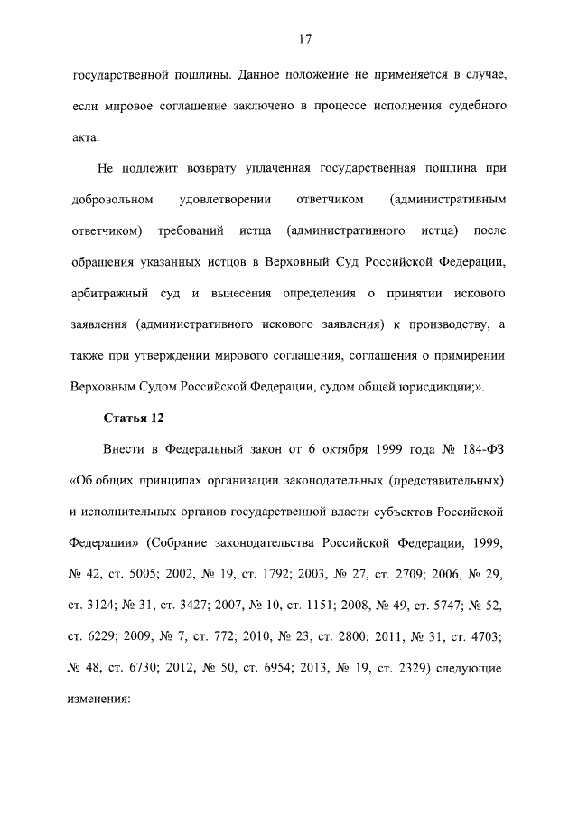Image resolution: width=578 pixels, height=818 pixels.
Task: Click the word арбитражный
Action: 110,296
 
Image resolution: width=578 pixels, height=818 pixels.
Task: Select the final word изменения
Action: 100,699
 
